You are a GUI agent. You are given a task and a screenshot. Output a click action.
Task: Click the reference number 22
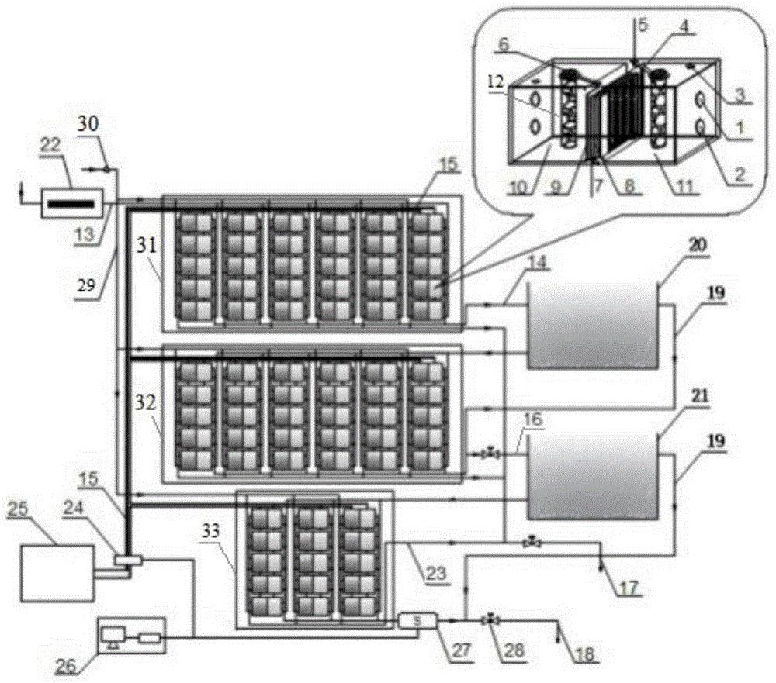pos(50,146)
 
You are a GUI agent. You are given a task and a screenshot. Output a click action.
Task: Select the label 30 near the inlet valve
pos(88,123)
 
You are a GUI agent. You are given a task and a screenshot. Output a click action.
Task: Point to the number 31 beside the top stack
pos(147,244)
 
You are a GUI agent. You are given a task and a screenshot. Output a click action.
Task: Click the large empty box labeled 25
pos(57,572)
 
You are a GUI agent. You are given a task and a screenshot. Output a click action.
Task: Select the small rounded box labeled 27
pos(417,620)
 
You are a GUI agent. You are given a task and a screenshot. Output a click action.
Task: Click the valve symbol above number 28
pos(490,619)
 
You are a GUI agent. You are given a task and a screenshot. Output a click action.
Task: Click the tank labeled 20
pos(592,326)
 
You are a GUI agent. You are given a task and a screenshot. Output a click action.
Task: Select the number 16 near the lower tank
pos(532,420)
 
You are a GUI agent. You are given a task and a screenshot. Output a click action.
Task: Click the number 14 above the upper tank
pos(539,262)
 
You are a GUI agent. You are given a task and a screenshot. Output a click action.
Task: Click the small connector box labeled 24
pos(128,560)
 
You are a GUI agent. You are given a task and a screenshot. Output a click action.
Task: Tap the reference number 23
pos(437,574)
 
